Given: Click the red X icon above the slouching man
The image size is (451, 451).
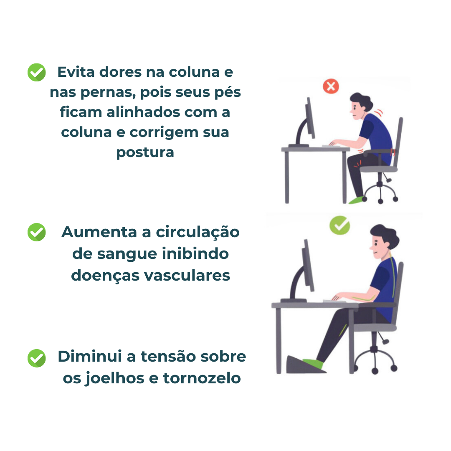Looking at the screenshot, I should (x=331, y=86).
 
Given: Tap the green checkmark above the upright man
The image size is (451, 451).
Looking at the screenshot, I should (x=340, y=225).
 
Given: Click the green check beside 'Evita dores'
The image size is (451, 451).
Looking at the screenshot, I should (x=37, y=73).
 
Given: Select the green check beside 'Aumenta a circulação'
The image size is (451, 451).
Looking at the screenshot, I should (x=37, y=232).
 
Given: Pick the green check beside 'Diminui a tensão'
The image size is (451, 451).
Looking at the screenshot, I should (x=37, y=358).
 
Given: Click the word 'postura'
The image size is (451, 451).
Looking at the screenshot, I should (x=145, y=152).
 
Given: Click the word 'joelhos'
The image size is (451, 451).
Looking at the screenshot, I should (x=108, y=378).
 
